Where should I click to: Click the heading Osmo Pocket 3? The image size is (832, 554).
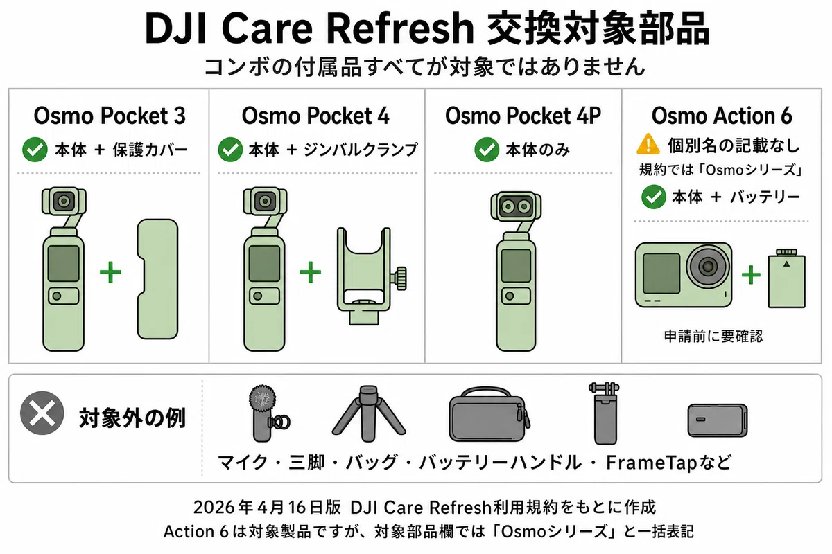(110, 116)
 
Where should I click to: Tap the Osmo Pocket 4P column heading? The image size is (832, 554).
(523, 116)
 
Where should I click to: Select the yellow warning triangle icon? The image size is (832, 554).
(648, 144)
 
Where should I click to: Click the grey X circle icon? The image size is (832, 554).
(42, 413)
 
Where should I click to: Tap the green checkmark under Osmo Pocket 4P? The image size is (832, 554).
(487, 149)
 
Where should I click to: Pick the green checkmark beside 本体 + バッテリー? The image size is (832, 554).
(653, 196)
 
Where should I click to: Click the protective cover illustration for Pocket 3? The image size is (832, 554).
(158, 279)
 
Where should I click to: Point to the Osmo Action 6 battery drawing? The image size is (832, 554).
(787, 278)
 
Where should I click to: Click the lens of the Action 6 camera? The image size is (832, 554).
(708, 266)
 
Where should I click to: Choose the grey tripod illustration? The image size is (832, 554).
(368, 413)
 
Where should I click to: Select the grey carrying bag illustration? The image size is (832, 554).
(489, 415)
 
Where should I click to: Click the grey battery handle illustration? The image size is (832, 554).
(605, 413)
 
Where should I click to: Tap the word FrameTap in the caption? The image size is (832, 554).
(652, 463)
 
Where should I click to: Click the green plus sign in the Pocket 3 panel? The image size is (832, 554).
(110, 272)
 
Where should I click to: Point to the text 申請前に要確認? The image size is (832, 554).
(713, 336)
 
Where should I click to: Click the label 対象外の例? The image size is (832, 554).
(132, 418)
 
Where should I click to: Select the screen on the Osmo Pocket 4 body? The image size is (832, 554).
(264, 263)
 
